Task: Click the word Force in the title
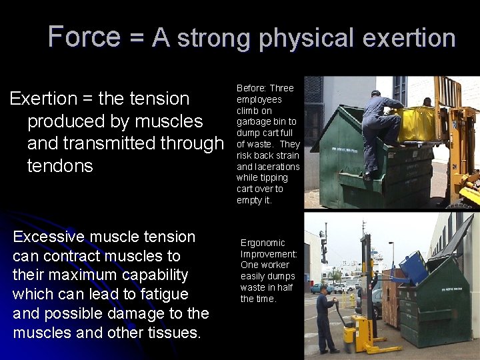pos(84,36)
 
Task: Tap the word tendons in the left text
pos(60,165)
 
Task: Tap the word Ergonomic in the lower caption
pos(263,243)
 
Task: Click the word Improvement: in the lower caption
pos(269,254)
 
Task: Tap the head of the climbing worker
pos(375,94)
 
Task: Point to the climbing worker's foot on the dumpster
pos(368,176)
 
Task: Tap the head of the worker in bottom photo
pos(324,290)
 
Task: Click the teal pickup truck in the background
pos(322,288)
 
